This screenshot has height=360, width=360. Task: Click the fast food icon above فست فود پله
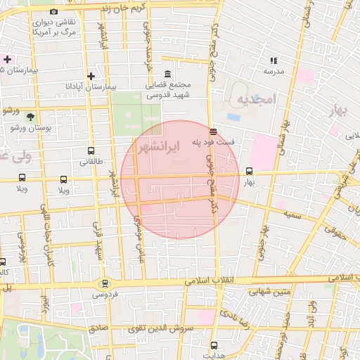point(213,131)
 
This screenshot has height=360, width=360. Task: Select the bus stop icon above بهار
point(249,171)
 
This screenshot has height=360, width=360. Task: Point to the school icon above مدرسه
point(273,61)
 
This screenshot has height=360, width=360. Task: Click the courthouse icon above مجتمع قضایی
point(167,75)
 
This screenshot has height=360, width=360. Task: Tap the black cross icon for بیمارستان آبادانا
point(91,76)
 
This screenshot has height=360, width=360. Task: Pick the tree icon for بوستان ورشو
point(30,117)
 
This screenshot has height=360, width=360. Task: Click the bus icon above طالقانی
point(91,150)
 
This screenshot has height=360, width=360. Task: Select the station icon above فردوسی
point(105,284)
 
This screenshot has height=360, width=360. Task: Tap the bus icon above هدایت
point(214,345)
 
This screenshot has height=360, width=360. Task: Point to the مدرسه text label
point(273,72)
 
